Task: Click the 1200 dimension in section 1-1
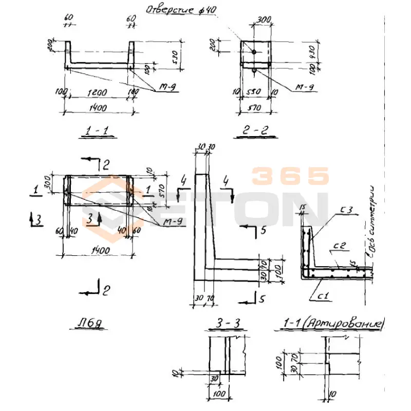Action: pos(98,92)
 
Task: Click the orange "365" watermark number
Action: pos(290,177)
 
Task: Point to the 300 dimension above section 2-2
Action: pos(263,20)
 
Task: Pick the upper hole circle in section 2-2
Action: pos(254,51)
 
